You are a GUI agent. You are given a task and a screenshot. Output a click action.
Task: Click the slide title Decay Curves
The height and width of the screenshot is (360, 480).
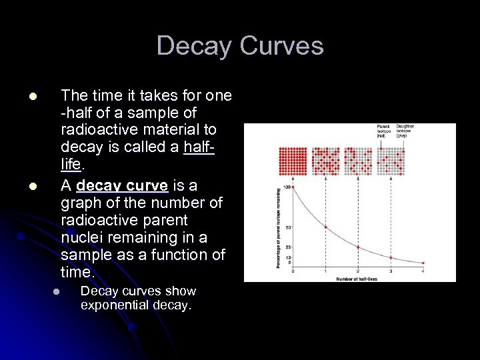[x=240, y=46]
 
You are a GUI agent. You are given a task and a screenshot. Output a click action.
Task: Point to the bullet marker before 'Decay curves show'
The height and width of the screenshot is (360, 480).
[x=57, y=292]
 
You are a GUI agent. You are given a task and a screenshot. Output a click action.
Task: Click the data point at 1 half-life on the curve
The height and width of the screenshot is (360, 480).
[x=325, y=227]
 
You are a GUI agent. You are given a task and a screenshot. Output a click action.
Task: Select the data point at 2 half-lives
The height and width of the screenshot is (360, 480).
[x=358, y=247]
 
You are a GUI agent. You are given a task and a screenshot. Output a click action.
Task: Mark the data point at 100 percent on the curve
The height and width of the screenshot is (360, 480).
[x=293, y=187]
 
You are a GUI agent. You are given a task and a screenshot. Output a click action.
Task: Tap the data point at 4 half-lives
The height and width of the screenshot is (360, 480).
[x=423, y=263]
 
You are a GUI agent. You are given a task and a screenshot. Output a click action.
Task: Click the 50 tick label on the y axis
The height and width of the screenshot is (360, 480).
[x=289, y=227]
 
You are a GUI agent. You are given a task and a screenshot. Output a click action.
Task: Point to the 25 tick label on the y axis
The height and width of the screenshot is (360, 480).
[x=289, y=247]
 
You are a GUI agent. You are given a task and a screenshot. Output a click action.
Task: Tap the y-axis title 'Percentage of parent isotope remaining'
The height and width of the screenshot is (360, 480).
[x=279, y=227]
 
